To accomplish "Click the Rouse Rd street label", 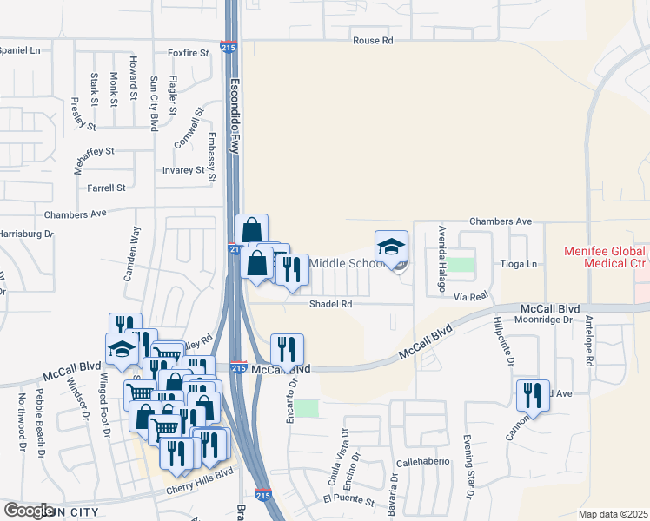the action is (373, 41).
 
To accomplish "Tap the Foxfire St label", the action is (189, 53).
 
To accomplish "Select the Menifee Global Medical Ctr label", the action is (606, 256).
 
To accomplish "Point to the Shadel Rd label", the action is (331, 304).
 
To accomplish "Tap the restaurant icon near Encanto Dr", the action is (287, 350).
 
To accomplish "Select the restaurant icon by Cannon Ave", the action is (532, 395).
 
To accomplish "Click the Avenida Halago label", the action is (441, 246).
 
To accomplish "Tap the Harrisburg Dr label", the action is (26, 234).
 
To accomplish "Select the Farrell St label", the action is (106, 188).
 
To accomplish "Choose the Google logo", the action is (30, 510).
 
